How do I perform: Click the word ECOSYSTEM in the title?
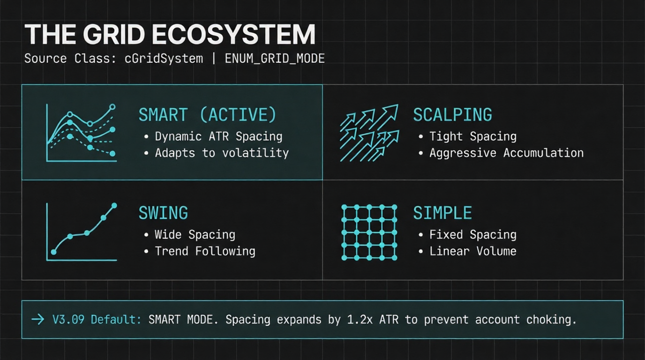(233, 34)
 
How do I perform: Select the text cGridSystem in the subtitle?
(164, 59)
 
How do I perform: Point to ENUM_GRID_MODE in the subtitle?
(275, 59)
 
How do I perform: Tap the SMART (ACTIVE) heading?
(207, 115)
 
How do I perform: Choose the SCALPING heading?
(453, 115)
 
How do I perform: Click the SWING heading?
(163, 213)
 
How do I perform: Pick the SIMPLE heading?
(442, 213)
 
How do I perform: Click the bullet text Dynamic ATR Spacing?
(218, 136)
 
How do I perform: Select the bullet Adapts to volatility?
(222, 153)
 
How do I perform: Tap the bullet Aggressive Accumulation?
(507, 153)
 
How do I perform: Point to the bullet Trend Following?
(205, 251)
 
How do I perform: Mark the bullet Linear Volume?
(473, 251)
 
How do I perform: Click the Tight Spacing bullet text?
(473, 136)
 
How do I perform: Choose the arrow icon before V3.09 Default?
(37, 319)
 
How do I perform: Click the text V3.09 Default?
(97, 319)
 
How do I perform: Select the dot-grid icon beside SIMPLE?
(369, 232)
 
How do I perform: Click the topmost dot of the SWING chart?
(114, 206)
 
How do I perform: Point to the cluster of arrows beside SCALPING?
(369, 133)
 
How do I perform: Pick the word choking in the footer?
(551, 320)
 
